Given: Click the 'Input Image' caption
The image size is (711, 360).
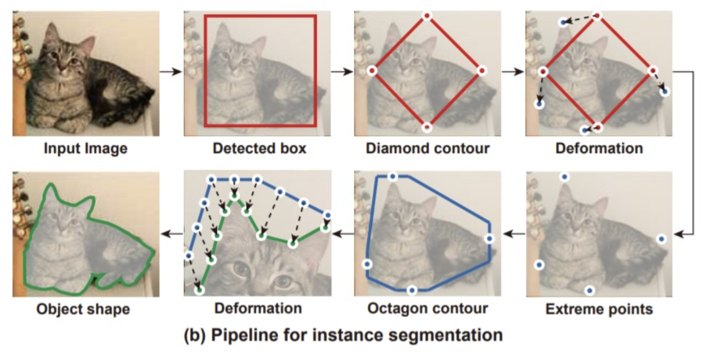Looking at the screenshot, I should click(x=85, y=148).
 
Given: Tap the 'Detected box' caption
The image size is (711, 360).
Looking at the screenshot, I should click(x=259, y=148).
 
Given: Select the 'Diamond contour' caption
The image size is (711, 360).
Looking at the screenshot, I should click(x=428, y=148).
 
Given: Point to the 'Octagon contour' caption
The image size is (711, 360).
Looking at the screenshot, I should click(x=428, y=309).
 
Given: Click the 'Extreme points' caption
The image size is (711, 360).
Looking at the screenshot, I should click(x=599, y=309).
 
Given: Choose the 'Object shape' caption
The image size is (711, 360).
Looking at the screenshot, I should click(x=83, y=309).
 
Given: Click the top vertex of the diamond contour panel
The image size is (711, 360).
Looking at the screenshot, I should click(x=427, y=16).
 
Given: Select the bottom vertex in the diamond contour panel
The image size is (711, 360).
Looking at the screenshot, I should click(x=427, y=126).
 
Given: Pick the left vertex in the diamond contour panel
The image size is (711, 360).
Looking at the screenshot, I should click(x=372, y=71).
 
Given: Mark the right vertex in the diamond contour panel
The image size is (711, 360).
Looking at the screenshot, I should click(x=481, y=70).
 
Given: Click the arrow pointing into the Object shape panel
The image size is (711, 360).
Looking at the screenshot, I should click(x=171, y=234).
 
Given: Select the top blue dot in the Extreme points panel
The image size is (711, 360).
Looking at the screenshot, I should click(x=564, y=177).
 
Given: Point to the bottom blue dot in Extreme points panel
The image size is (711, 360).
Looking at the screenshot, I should click(x=590, y=290).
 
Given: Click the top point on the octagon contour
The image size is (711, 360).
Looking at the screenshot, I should click(x=392, y=176).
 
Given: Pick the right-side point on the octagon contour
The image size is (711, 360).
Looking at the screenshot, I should click(x=490, y=238).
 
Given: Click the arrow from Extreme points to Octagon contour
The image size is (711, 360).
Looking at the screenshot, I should click(x=513, y=234).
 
